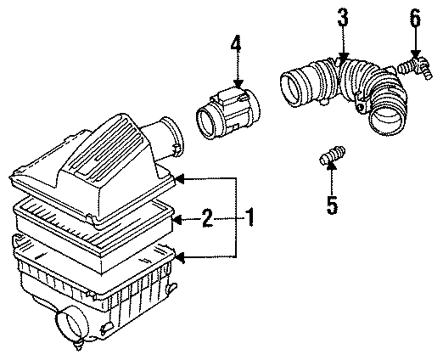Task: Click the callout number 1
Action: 250,219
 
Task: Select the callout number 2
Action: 206,220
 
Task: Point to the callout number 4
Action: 235,44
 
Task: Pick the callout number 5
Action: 332,204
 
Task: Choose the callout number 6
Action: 414,17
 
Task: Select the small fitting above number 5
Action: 331,159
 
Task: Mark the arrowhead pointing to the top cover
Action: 180,178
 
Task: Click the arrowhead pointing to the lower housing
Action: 180,256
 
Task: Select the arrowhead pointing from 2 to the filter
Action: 176,220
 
